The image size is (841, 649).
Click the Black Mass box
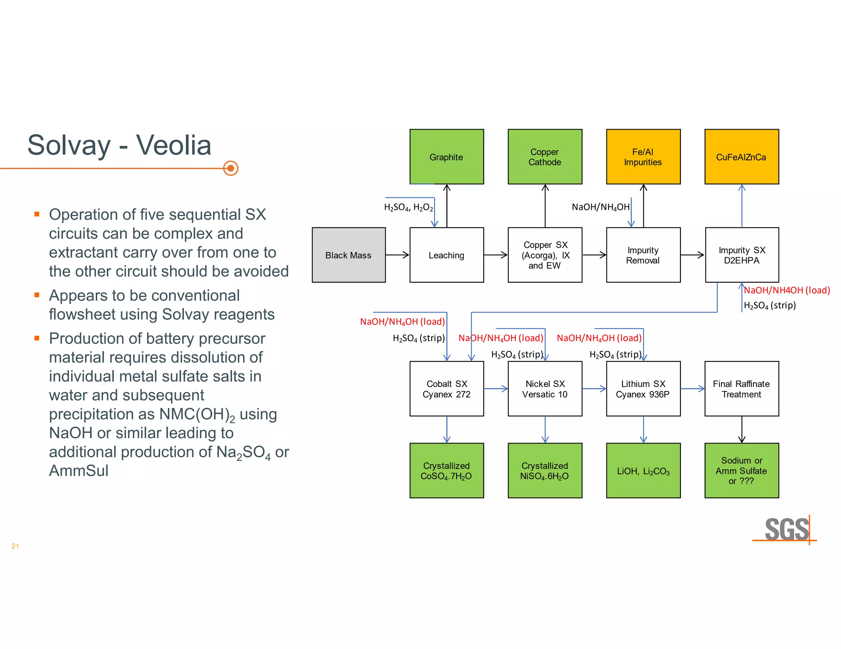tap(349, 255)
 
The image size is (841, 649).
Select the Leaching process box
tap(446, 255)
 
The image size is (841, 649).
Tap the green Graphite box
tap(446, 157)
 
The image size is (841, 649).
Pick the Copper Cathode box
tap(545, 157)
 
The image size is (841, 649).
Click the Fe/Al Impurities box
tap(643, 157)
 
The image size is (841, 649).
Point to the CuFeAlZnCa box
tap(742, 157)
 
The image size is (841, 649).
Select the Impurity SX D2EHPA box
tap(742, 255)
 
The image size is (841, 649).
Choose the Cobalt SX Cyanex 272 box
tap(446, 388)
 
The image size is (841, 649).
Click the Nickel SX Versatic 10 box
tap(545, 388)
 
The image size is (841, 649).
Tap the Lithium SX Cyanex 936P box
tap(643, 388)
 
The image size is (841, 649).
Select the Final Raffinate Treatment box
tap(742, 388)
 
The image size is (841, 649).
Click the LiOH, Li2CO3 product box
tap(643, 471)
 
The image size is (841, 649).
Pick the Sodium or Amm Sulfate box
tap(742, 471)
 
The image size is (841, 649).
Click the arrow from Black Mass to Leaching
tap(398, 255)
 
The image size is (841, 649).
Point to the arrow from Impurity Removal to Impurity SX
tap(692, 255)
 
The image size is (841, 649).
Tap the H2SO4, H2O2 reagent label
tap(408, 208)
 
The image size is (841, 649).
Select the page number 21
tap(15, 546)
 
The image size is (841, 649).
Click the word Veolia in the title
tap(174, 145)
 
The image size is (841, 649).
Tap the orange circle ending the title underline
tap(231, 168)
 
